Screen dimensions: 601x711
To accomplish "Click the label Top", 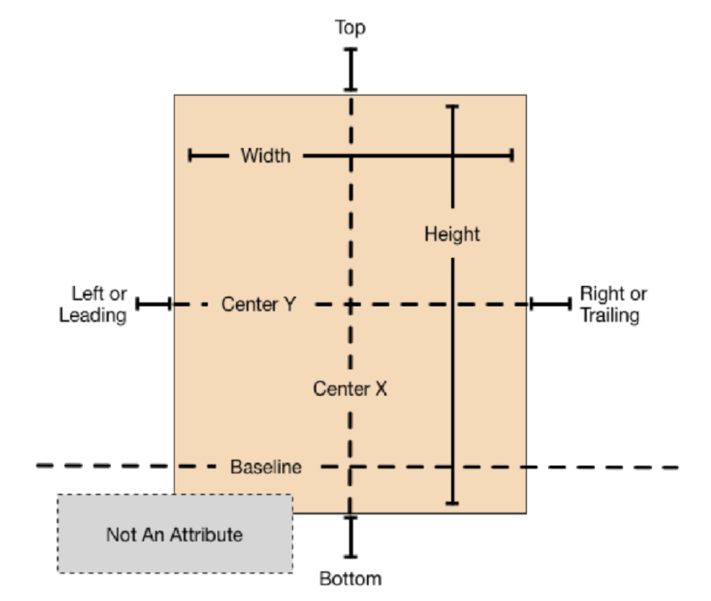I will click(x=350, y=28).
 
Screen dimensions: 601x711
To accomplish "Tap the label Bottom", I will click(x=350, y=578).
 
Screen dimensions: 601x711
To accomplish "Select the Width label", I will click(x=265, y=155).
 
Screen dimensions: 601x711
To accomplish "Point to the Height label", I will click(x=452, y=234).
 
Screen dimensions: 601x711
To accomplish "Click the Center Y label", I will click(x=258, y=304).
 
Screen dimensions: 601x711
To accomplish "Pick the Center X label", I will click(x=350, y=389).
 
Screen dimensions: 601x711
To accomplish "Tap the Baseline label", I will click(x=265, y=468).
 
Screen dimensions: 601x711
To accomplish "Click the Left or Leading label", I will click(x=93, y=304).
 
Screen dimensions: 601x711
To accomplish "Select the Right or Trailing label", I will click(x=613, y=304).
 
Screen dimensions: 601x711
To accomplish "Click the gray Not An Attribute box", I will click(x=175, y=534).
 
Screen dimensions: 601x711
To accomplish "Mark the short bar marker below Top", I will click(x=350, y=69).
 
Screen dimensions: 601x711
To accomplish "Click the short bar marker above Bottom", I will click(x=350, y=536).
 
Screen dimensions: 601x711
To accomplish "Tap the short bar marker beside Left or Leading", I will click(x=152, y=305).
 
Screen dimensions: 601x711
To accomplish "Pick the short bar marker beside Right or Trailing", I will click(x=551, y=305).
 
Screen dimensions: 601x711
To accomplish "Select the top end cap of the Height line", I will click(x=452, y=107).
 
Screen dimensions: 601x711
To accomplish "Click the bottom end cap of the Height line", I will click(x=452, y=503).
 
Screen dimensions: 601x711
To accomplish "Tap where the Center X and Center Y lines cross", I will click(x=350, y=305).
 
